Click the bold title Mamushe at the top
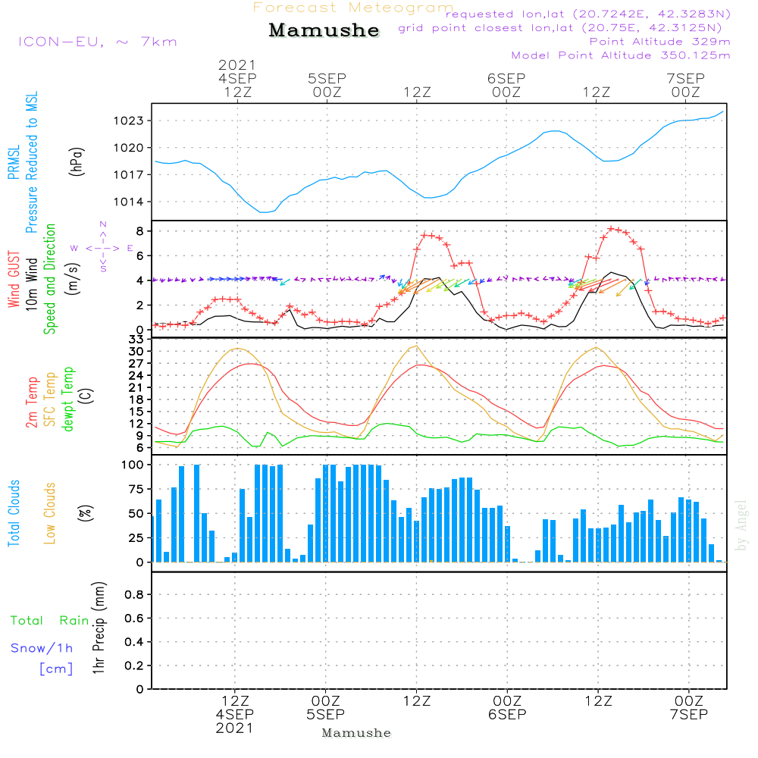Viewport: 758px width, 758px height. [x=324, y=30]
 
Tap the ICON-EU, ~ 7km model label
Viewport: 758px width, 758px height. [x=97, y=42]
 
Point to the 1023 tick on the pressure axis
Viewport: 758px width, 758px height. [x=130, y=121]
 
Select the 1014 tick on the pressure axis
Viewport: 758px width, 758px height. [x=130, y=202]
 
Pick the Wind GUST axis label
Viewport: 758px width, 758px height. [x=14, y=280]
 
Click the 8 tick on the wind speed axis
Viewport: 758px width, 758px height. [x=139, y=230]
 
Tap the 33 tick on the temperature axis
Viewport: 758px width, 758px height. [x=136, y=340]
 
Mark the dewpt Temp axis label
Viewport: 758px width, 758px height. [x=68, y=399]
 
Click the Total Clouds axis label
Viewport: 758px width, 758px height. [x=14, y=512]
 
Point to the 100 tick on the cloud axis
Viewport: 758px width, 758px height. [x=132, y=465]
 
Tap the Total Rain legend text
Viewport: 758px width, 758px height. [x=49, y=621]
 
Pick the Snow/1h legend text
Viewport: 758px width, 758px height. [x=42, y=649]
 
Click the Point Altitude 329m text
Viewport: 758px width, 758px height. [x=659, y=42]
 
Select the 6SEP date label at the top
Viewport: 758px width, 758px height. [x=506, y=78]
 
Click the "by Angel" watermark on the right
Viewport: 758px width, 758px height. [x=742, y=525]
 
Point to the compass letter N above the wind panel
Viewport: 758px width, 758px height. [x=102, y=224]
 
